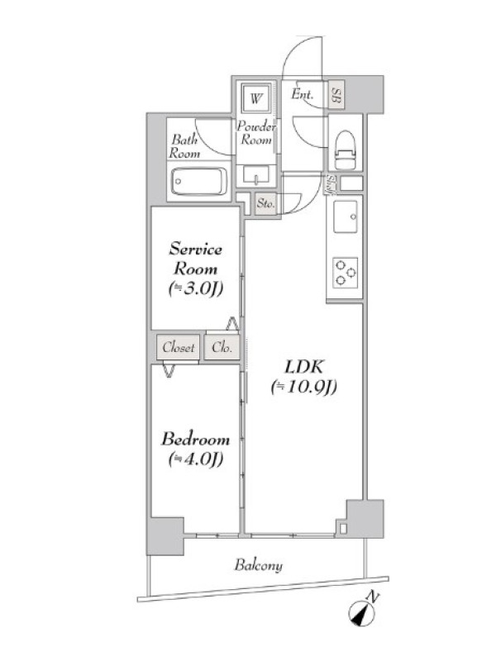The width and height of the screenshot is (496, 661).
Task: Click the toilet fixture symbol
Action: [x=346, y=150]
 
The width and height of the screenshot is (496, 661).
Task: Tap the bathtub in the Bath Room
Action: [x=199, y=182]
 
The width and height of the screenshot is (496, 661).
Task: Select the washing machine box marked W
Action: [x=255, y=98]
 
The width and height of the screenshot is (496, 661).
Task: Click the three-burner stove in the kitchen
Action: [x=346, y=273]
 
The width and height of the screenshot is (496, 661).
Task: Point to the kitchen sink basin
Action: [x=346, y=216]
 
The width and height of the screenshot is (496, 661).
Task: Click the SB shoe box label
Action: [x=336, y=95]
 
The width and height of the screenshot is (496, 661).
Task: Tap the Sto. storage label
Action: [x=265, y=204]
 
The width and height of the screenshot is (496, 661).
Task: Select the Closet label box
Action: [x=178, y=347]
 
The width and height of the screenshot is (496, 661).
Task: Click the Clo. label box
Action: [x=222, y=347]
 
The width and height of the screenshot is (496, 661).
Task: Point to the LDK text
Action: [x=304, y=367]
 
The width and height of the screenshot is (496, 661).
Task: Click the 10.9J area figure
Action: [x=304, y=387]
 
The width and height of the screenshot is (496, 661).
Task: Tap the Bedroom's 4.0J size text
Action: [x=196, y=459]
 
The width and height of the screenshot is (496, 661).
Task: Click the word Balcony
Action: [x=259, y=565]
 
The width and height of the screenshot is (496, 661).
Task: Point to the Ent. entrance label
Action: [x=302, y=94]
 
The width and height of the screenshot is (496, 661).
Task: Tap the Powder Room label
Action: [x=256, y=132]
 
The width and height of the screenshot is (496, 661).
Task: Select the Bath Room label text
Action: [x=184, y=146]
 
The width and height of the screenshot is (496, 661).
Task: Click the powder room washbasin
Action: [x=255, y=176]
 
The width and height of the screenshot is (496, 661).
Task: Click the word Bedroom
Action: [x=196, y=440]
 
